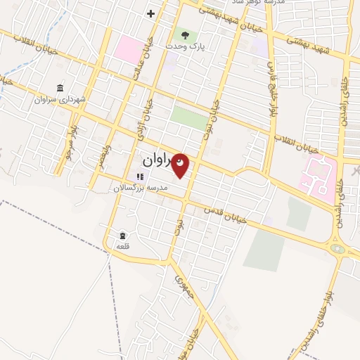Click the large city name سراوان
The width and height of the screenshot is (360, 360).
[156, 161]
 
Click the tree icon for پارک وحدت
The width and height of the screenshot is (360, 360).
[185, 34]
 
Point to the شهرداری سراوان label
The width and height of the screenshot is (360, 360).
[60, 100]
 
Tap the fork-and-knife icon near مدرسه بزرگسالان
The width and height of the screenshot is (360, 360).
[139, 176]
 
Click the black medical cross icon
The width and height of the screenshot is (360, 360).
[150, 13]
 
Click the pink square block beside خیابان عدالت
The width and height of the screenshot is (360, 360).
[129, 49]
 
